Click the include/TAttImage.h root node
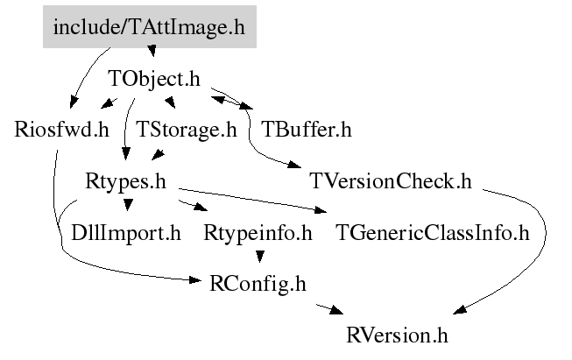pos(150,26)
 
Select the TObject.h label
pos(154,79)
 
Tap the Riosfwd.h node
pos(61,130)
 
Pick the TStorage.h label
pos(187,130)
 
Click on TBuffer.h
pos(307,130)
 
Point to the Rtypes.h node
pos(125,181)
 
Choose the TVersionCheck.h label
pos(391,181)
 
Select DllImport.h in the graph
pos(126,233)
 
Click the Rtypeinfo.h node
pos(258,233)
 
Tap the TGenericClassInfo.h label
pos(432,233)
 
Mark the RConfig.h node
pos(258,284)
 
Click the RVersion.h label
pos(397,335)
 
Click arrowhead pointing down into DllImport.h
pos(128,205)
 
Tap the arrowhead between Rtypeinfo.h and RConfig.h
pos(259,257)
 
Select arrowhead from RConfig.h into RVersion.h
pos(336,310)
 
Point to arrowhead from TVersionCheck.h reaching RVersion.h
pos(460,310)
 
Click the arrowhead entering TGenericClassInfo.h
pos(321,209)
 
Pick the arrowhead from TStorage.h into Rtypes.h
pos(158,155)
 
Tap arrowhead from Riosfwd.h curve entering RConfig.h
pos(194,280)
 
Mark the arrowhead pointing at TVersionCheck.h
pos(295,165)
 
